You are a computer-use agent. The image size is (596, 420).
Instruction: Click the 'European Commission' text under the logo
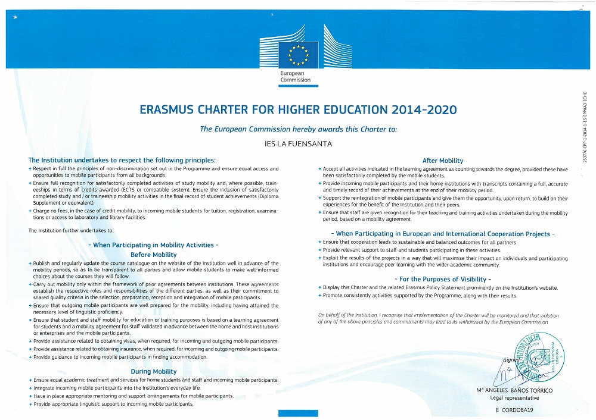296,77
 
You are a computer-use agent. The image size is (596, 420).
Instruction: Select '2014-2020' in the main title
426,110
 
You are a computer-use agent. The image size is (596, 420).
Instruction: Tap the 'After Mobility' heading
443,161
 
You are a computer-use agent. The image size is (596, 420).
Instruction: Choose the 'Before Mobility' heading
153,255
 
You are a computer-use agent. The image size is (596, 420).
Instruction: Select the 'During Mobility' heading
153,371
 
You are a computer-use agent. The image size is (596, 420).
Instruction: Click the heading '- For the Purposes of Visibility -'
443,279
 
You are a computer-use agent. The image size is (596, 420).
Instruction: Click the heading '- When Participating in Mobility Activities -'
153,245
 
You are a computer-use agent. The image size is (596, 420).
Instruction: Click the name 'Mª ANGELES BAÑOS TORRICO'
514,390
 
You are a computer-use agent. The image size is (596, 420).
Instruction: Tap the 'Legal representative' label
514,398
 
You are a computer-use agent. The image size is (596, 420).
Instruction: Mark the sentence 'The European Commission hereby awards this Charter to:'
298,128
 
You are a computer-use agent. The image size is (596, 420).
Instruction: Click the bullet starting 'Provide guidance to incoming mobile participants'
120,357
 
